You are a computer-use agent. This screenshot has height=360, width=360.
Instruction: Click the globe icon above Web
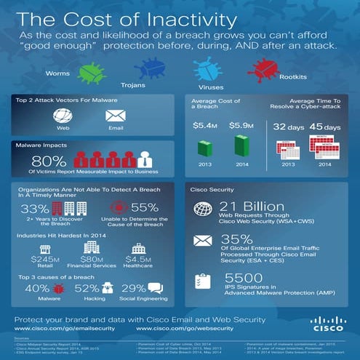coord(63,116)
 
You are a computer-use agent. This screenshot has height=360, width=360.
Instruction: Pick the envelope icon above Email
coord(115,116)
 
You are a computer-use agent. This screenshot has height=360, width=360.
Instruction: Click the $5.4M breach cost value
coord(206,126)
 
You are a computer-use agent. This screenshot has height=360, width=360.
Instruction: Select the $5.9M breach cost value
coord(242,126)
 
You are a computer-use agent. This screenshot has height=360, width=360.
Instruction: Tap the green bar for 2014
coord(242,146)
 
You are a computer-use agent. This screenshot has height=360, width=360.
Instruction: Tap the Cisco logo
coord(322,322)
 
